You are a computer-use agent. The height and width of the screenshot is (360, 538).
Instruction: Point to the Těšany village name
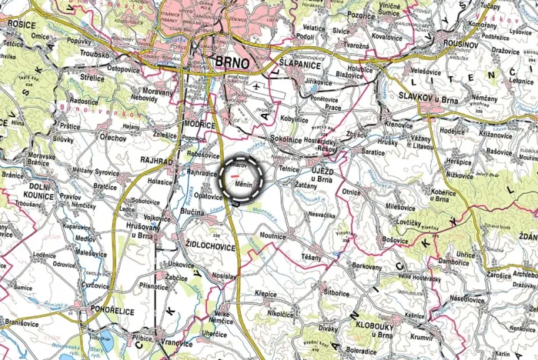[x=312, y=257]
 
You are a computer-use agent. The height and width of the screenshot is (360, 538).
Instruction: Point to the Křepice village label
[x=266, y=293]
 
